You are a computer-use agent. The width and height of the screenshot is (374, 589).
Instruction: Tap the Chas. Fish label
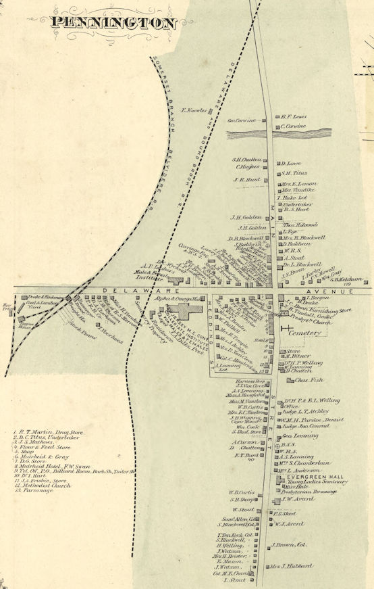pyautogui.click(x=309, y=380)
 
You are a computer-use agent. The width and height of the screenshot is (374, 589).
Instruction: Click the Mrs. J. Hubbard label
pyautogui.click(x=293, y=565)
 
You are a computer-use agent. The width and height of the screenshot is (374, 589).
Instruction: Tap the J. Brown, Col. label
pyautogui.click(x=290, y=544)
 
